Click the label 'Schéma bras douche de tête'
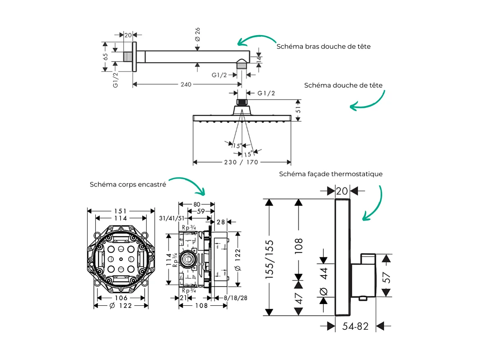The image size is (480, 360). click(323, 47)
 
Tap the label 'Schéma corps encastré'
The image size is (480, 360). click(128, 184)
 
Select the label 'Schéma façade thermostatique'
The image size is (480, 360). click(331, 174)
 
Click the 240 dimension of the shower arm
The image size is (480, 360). click(186, 84)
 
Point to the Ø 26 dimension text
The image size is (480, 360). click(198, 33)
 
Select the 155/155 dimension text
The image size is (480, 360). click(270, 260)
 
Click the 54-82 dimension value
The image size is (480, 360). click(355, 327)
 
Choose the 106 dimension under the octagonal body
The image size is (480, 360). click(121, 298)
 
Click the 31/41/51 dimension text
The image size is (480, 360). click(170, 219)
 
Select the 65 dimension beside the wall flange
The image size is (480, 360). click(105, 57)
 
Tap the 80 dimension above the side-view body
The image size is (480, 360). click(197, 204)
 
